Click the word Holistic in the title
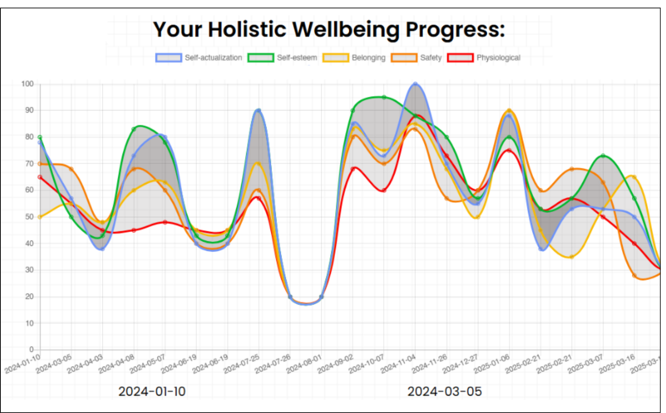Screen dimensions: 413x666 point(247,29)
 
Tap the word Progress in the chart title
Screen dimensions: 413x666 point(455,30)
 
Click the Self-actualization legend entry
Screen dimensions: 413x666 point(199,58)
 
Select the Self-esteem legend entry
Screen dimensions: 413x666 point(282,58)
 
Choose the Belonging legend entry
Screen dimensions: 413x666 point(354,58)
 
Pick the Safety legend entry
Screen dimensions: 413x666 point(416,58)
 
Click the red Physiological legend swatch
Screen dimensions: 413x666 point(461,58)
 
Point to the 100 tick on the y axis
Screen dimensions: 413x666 point(28,84)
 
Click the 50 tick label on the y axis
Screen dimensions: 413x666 point(29,217)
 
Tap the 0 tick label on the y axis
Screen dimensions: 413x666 point(32,350)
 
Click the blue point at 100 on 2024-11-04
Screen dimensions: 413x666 point(415,84)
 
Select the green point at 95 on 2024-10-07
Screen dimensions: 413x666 point(384,97)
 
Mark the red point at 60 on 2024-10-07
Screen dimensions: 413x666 point(384,190)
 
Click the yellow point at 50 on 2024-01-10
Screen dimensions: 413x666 point(40,217)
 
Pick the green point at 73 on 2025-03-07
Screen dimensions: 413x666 point(603,156)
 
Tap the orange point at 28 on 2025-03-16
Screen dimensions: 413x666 point(634,275)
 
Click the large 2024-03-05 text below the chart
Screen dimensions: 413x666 point(444,392)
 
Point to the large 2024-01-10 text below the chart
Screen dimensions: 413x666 point(152,392)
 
